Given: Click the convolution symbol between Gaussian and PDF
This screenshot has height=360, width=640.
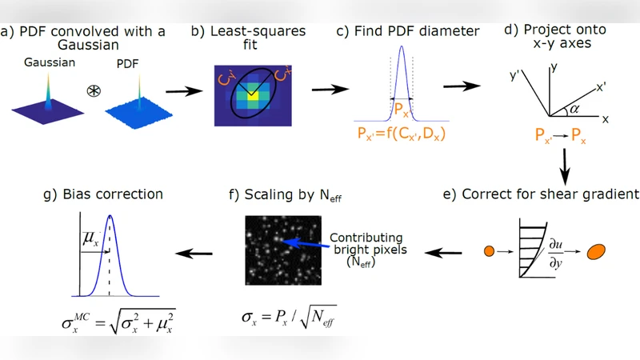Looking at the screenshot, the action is [94, 90].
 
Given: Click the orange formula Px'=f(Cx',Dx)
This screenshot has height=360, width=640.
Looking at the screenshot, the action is [401, 134].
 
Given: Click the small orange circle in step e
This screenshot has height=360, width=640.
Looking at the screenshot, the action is [490, 253].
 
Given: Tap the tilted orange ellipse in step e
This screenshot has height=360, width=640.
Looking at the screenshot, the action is [597, 253].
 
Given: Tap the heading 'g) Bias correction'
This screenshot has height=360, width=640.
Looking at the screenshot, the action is [105, 194].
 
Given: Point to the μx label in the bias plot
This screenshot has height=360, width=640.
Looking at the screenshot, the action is [90, 237].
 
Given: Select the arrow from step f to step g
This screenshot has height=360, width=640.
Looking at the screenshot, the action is [195, 254].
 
